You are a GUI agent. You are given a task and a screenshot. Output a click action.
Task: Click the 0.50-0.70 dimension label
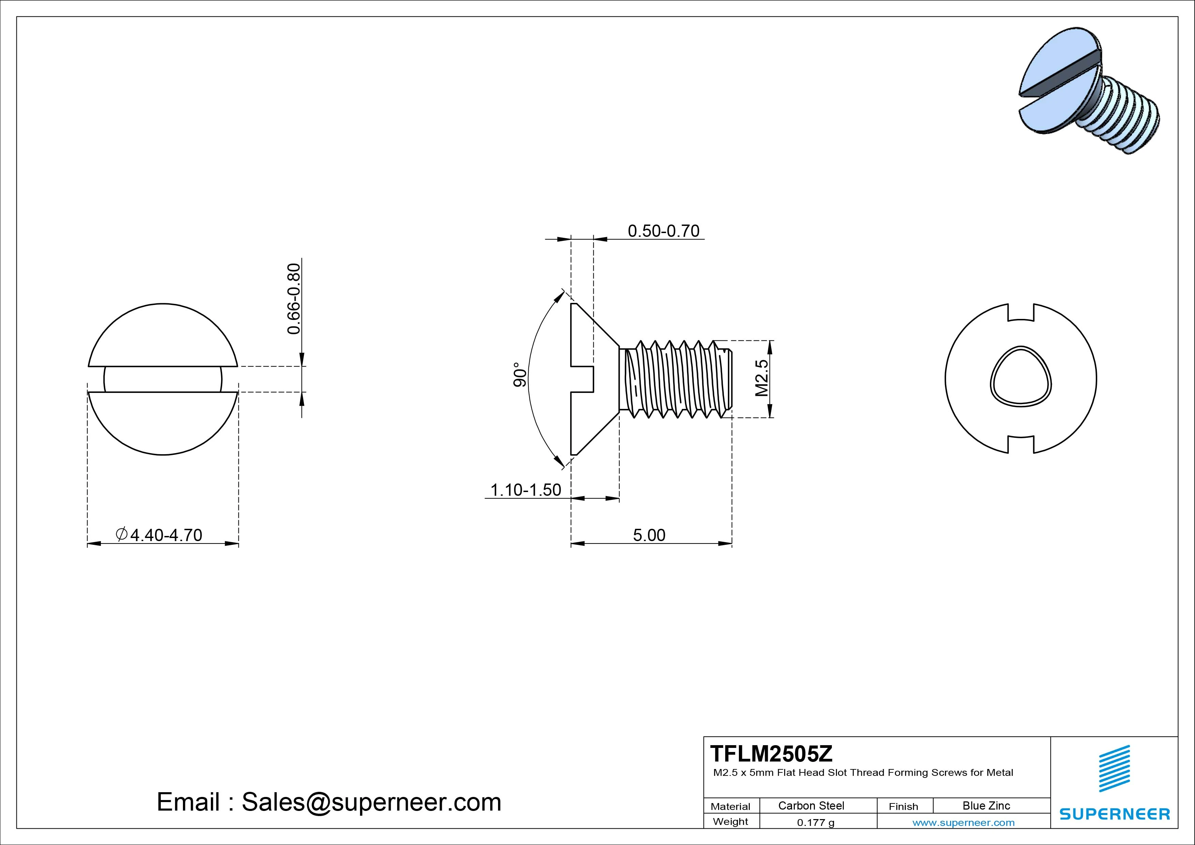tap(663, 231)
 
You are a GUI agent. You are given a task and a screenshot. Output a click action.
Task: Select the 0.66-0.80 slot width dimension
tap(294, 299)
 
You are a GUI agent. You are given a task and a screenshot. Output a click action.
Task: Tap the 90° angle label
tap(520, 374)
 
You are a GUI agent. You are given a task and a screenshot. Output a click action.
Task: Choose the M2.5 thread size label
tap(761, 378)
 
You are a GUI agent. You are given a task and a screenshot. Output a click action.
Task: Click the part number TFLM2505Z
tap(771, 753)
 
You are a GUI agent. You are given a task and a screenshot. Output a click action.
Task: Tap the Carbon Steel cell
tap(811, 805)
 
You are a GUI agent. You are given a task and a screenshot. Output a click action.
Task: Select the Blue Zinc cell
tap(986, 805)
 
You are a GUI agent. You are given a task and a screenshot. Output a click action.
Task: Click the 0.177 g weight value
tap(815, 823)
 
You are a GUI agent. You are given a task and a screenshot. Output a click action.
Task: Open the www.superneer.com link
tap(963, 823)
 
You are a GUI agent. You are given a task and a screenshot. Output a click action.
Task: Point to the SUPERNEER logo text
tap(1114, 814)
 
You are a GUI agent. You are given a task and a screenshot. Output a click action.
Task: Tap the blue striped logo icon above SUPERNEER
tap(1114, 768)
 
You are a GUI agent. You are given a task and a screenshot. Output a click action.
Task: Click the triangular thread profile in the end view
tap(1020, 376)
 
